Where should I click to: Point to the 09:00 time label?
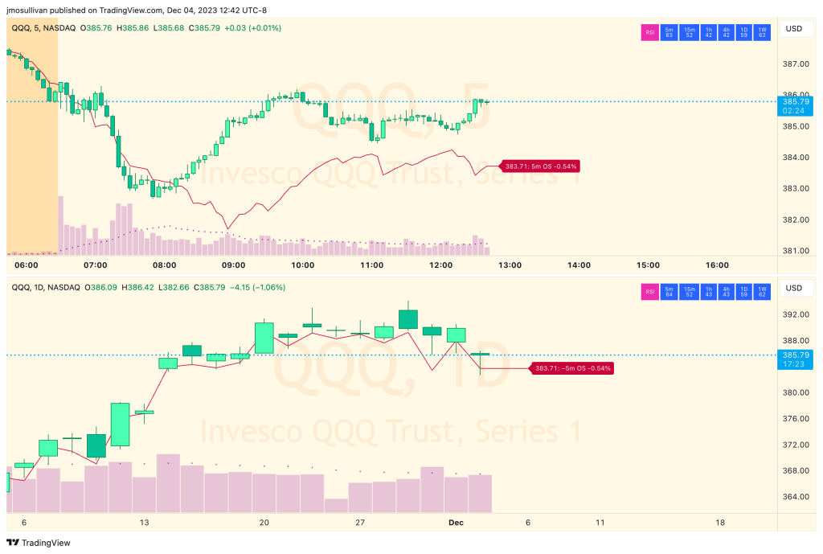(x=234, y=265)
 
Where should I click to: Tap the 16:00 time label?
(x=717, y=265)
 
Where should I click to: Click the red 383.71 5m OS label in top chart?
(x=540, y=166)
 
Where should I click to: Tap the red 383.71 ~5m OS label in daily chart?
(x=569, y=368)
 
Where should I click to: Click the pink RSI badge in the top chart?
(x=649, y=32)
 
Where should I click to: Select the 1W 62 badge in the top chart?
(x=764, y=32)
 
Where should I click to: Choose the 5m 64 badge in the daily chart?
(x=669, y=291)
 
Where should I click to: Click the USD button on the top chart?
(x=793, y=30)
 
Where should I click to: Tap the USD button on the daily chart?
(x=793, y=289)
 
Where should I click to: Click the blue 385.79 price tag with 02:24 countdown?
(x=794, y=106)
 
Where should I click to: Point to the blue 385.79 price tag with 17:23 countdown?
(x=794, y=359)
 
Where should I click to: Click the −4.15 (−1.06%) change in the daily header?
(x=257, y=287)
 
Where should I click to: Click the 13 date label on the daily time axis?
(x=144, y=523)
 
